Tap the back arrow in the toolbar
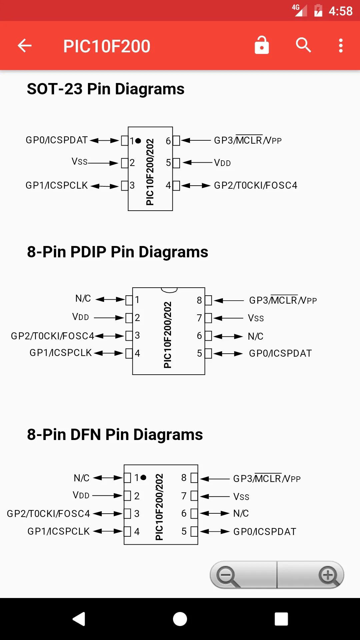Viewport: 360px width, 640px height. tap(25, 46)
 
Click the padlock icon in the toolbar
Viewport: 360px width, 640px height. tap(262, 45)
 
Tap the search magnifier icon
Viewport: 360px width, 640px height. tap(303, 45)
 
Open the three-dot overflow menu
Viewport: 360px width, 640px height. tap(341, 46)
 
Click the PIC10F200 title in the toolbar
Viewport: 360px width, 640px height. tap(107, 46)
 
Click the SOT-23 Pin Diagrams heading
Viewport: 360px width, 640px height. tap(106, 89)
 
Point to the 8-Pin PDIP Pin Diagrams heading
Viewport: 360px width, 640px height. tap(118, 252)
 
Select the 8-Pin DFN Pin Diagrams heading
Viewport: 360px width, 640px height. tap(115, 435)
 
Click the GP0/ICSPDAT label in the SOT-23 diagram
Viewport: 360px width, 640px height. tap(57, 140)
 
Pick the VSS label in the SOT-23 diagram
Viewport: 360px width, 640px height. tap(79, 162)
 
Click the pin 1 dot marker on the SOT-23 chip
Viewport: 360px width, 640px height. tap(138, 141)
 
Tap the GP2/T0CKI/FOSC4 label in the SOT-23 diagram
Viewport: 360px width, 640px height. tap(256, 185)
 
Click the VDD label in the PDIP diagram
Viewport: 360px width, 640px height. tap(81, 317)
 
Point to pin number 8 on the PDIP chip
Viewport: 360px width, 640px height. tap(199, 300)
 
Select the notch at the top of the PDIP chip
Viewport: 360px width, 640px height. tap(169, 290)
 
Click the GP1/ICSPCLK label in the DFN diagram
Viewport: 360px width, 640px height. tap(59, 531)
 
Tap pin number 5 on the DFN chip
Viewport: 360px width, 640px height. tap(184, 531)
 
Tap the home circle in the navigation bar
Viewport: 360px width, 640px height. tap(180, 619)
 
